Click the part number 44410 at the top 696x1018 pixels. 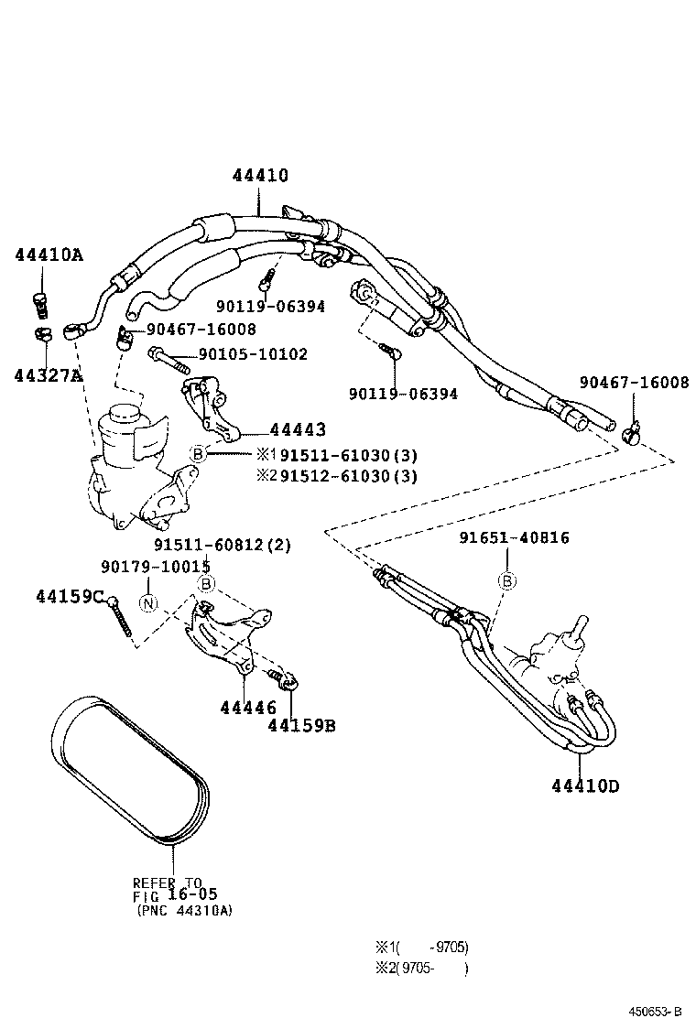click(259, 176)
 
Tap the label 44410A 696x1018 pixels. click(48, 254)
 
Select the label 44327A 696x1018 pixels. click(48, 374)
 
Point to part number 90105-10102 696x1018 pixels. click(253, 354)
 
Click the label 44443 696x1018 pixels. click(298, 429)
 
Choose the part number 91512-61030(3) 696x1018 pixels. click(348, 475)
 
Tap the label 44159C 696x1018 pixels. click(70, 596)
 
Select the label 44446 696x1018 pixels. click(247, 707)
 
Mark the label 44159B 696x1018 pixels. click(301, 726)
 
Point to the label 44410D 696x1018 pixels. click(585, 785)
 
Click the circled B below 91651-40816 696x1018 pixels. click(506, 579)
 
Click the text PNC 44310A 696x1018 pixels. click(183, 911)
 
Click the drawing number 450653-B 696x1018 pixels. click(655, 1010)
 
